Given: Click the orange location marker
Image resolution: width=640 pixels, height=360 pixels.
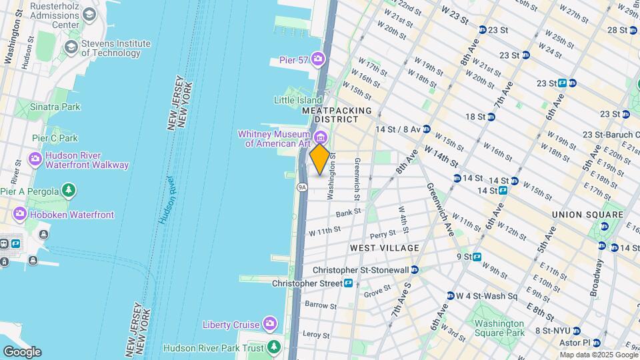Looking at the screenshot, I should [320, 159].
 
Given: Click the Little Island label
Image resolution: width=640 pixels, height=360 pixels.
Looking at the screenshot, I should [298, 100].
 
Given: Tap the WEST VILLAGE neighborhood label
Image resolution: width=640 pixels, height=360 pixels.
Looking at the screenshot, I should [385, 248].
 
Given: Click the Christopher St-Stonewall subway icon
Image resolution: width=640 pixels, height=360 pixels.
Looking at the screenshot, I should [415, 270].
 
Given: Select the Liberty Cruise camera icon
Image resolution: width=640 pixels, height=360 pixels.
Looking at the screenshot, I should [269, 325].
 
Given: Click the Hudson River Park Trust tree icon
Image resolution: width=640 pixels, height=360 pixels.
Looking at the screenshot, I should [273, 347].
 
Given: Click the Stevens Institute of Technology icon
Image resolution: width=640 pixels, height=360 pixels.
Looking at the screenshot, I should [71, 48].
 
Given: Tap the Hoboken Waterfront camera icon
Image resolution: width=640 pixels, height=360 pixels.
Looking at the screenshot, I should [19, 215].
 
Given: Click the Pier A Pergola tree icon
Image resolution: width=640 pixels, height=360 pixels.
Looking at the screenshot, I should [69, 191].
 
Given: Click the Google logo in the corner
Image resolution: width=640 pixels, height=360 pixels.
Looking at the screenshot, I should [21, 352].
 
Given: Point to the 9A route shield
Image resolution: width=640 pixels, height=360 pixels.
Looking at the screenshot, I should [302, 187].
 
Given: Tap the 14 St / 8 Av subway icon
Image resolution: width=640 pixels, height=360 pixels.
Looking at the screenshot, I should [426, 129].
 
